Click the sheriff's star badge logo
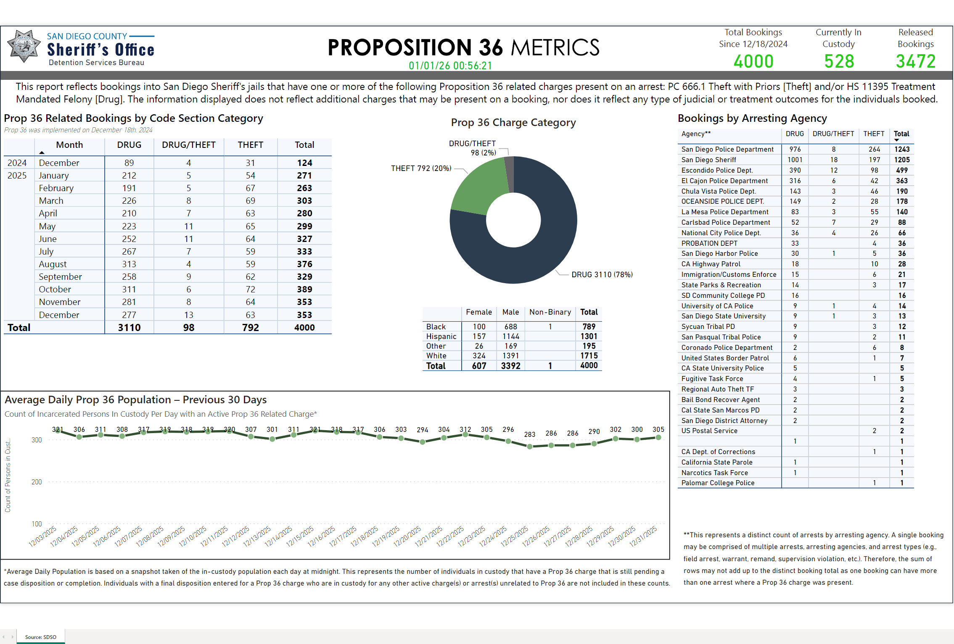coord(24,46)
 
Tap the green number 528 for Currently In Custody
coord(839,62)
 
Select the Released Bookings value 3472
coord(915,62)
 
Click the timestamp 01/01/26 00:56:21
coord(450,66)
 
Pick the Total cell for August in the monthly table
coord(304,264)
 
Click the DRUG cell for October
coord(129,289)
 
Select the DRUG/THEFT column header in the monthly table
coord(188,145)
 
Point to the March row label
coord(51,201)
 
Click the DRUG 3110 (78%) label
coord(602,275)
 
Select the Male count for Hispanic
coord(510,336)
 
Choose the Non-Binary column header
coord(550,312)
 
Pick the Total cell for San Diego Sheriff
coord(901,160)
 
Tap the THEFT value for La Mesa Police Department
coord(874,212)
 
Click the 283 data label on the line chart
coord(529,434)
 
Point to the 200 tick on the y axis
coord(37,482)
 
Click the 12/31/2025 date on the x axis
coord(643,536)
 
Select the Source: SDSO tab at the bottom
coord(40,637)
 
